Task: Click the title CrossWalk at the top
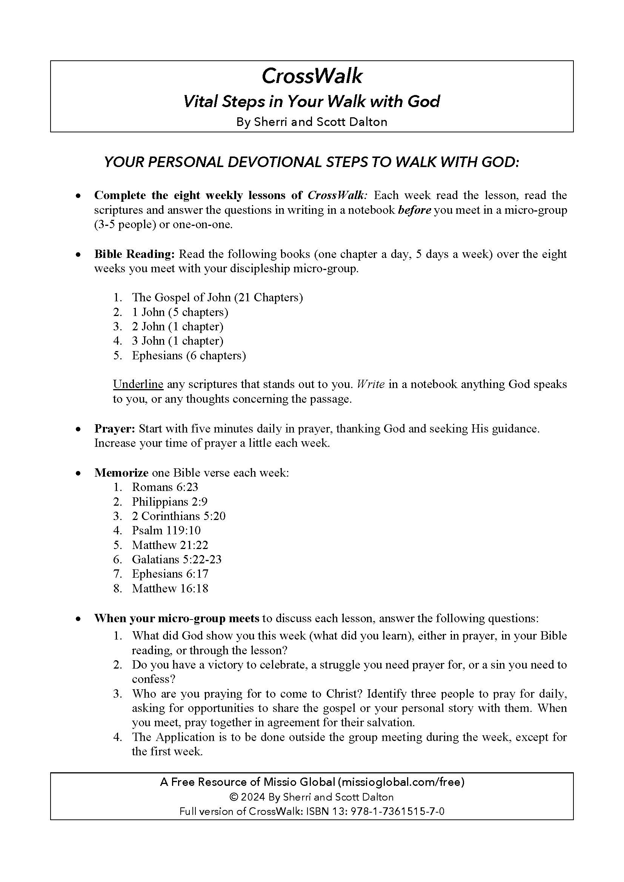coord(312,76)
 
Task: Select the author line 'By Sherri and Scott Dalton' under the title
coord(312,122)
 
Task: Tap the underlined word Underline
coord(138,384)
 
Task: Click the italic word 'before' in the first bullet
coord(415,210)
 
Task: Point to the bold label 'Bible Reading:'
coord(134,254)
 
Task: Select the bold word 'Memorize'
coord(121,472)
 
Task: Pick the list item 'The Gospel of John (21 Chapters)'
coord(217,297)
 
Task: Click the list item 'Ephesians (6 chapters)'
coord(189,355)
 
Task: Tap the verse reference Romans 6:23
coord(165,487)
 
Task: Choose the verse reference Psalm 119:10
coord(166,531)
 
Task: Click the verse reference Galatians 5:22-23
coord(177,559)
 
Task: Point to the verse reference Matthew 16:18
coord(170,589)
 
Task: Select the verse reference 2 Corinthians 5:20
coord(179,516)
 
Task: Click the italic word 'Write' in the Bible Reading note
coord(371,384)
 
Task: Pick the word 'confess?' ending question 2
coord(154,679)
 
